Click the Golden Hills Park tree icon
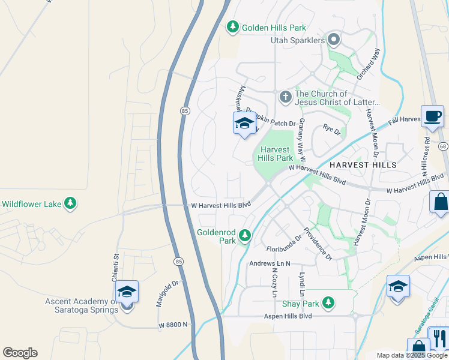[x=232, y=27]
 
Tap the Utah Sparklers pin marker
[x=334, y=41]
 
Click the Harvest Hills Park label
[x=276, y=154]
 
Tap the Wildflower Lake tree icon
[x=70, y=203]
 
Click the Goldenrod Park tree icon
[x=244, y=235]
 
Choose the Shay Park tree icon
[x=328, y=302]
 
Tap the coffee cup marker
[x=432, y=116]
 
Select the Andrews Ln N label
[x=270, y=263]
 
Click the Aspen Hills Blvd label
[x=290, y=316]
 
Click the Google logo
[x=20, y=353]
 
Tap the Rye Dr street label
[x=331, y=128]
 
